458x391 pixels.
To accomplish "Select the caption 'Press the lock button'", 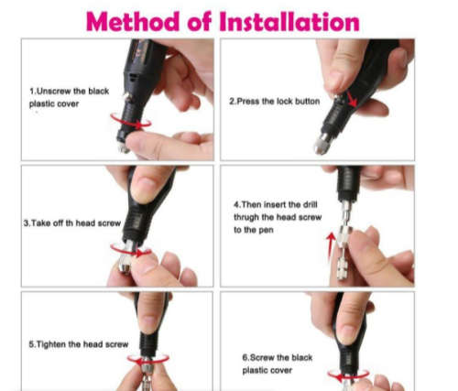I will tap(274, 101).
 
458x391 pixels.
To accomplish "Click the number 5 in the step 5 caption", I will tap(34, 344).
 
